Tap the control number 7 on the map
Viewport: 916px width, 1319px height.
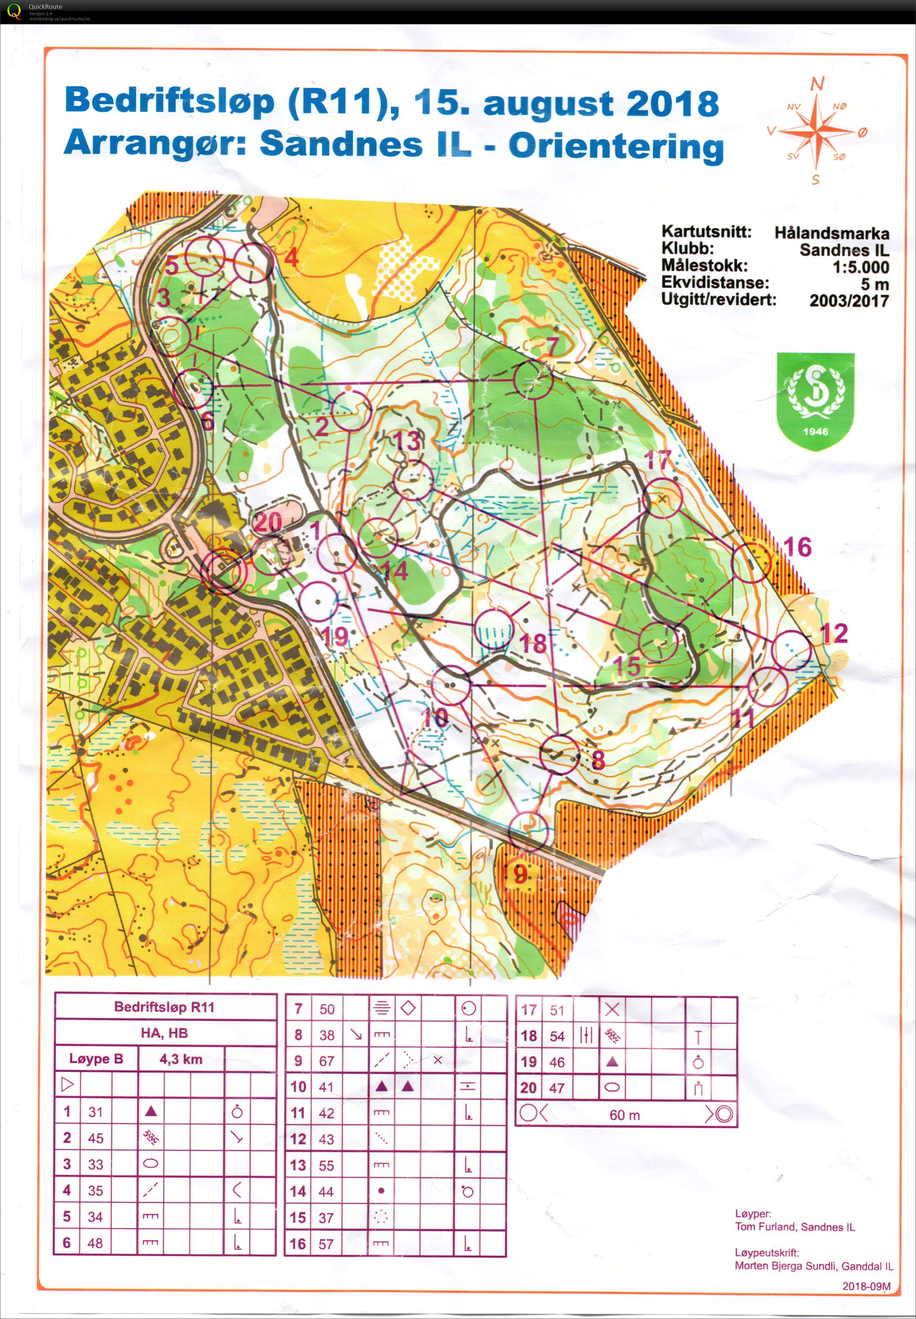click(x=552, y=346)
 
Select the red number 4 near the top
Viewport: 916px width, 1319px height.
click(x=291, y=257)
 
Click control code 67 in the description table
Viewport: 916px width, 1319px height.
click(x=326, y=1061)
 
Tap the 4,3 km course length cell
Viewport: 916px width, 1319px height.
click(x=181, y=1059)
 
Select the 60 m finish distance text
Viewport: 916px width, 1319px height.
click(x=625, y=1115)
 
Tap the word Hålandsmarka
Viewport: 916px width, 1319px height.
click(x=831, y=233)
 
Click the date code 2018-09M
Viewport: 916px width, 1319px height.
click(x=866, y=1286)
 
